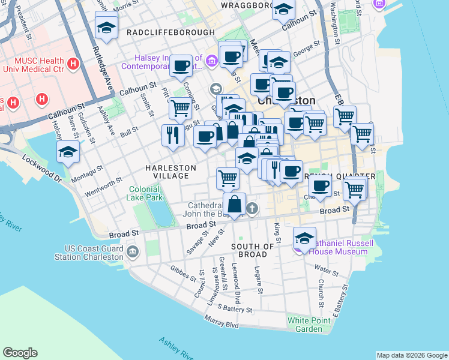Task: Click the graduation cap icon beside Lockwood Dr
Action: (68, 152)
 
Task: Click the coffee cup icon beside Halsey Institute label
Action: (181, 65)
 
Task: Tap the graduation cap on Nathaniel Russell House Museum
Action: (304, 239)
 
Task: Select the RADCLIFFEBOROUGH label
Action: (170, 32)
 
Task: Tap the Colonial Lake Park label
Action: (145, 193)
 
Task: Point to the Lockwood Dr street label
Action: (42, 169)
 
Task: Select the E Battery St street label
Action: (337, 307)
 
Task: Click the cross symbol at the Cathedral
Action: (253, 208)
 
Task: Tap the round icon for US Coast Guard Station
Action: (132, 250)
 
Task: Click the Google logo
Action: (20, 353)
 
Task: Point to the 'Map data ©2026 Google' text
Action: (411, 355)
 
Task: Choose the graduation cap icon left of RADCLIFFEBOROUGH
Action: (106, 28)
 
